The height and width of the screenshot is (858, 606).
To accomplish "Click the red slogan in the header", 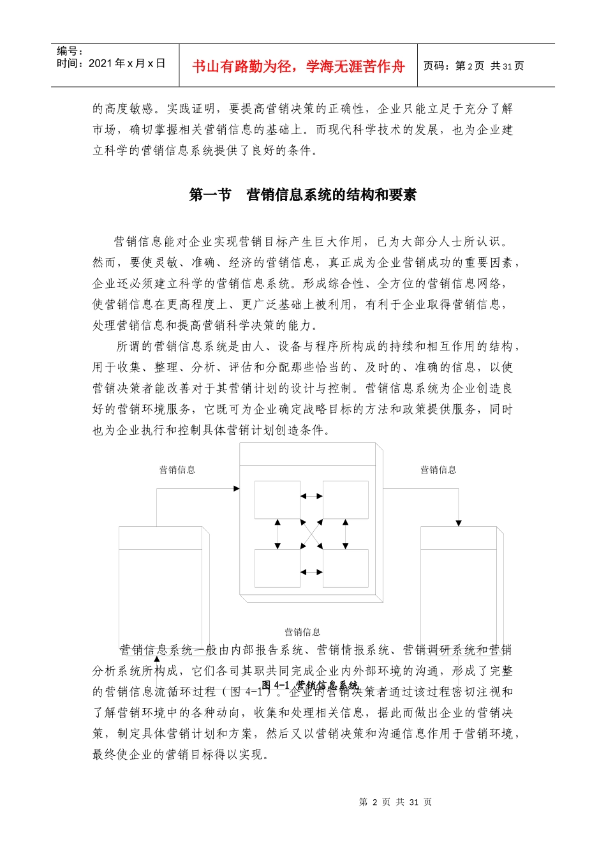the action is point(298,66).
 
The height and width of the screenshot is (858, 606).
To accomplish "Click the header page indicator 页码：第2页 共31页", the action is point(473,66).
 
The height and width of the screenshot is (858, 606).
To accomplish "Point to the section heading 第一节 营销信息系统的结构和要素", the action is point(302,195).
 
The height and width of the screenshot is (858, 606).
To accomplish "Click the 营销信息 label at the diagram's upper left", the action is point(177,470).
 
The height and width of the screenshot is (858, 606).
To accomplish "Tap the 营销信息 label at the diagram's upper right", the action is point(438,470).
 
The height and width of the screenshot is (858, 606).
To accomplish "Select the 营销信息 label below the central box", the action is point(302,632).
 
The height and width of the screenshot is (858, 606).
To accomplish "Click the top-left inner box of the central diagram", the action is point(277,500).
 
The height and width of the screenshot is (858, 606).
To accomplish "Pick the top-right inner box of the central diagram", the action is point(345,500).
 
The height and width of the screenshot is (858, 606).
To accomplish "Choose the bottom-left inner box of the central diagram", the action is point(277,568).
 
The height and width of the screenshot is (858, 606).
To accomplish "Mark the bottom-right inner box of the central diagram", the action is point(345,568).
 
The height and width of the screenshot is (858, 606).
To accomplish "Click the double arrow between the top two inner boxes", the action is point(311,495).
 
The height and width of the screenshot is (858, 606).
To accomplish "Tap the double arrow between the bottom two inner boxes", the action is point(311,572).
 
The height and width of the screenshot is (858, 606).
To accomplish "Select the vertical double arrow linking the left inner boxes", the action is point(277,534).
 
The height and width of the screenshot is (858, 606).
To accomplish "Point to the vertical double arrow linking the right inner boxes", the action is point(345,534).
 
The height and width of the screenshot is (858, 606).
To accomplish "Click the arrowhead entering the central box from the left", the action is point(237,488).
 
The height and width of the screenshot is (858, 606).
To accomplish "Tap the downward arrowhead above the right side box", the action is point(458,523).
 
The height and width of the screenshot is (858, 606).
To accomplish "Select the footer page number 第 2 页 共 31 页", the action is point(395,802).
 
